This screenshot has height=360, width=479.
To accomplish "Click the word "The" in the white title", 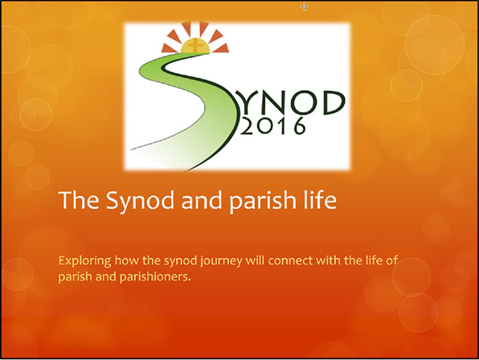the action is click(78, 200).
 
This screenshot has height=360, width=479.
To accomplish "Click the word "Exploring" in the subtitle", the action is click(85, 261).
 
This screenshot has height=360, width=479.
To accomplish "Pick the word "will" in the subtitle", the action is click(255, 261).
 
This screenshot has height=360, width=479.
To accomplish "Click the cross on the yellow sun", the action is click(195, 46).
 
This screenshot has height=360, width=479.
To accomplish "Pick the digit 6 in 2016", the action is click(299, 126).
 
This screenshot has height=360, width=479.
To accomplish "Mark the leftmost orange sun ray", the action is click(168, 49).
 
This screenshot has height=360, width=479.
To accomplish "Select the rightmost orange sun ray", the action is click(221, 48).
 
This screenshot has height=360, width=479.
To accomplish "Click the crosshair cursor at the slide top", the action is click(305, 6).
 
